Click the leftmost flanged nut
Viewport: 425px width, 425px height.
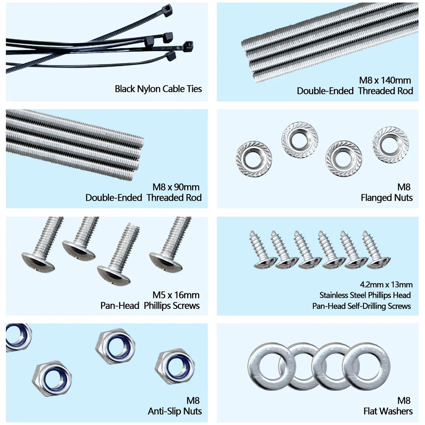coord(254,159)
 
